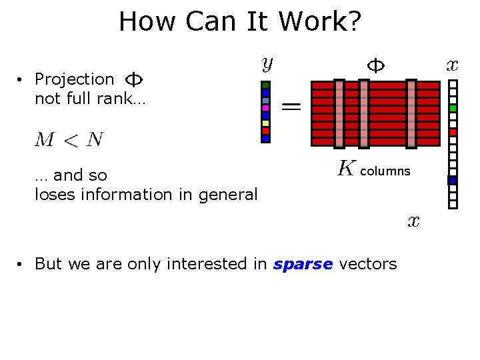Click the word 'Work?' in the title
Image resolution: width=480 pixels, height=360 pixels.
point(319,22)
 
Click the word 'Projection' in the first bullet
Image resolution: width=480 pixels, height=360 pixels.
point(74,79)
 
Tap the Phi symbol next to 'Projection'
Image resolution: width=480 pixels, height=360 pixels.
point(134,79)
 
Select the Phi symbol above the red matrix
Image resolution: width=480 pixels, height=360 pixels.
point(376,65)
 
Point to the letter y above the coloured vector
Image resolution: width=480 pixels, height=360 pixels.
point(267,64)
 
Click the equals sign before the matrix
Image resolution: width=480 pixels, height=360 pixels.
point(291,105)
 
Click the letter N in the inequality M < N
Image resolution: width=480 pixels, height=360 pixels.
point(95,139)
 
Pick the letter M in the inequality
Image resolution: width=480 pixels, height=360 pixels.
point(45,139)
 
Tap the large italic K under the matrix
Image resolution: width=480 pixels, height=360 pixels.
point(345,169)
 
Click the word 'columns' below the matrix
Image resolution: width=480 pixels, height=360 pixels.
point(385,171)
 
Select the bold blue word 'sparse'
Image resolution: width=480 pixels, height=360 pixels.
point(303,264)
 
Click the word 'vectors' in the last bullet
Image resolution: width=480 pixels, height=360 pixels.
point(367,264)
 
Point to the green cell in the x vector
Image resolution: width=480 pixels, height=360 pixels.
point(453,108)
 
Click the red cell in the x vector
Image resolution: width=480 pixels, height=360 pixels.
point(453,132)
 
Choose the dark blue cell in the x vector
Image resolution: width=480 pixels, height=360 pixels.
point(453,180)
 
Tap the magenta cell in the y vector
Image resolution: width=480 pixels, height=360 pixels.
point(265,108)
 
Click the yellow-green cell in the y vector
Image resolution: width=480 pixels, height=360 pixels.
point(265,123)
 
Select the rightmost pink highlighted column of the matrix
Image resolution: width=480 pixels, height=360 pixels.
point(411,113)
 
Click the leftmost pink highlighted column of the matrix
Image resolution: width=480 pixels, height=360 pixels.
point(339,113)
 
